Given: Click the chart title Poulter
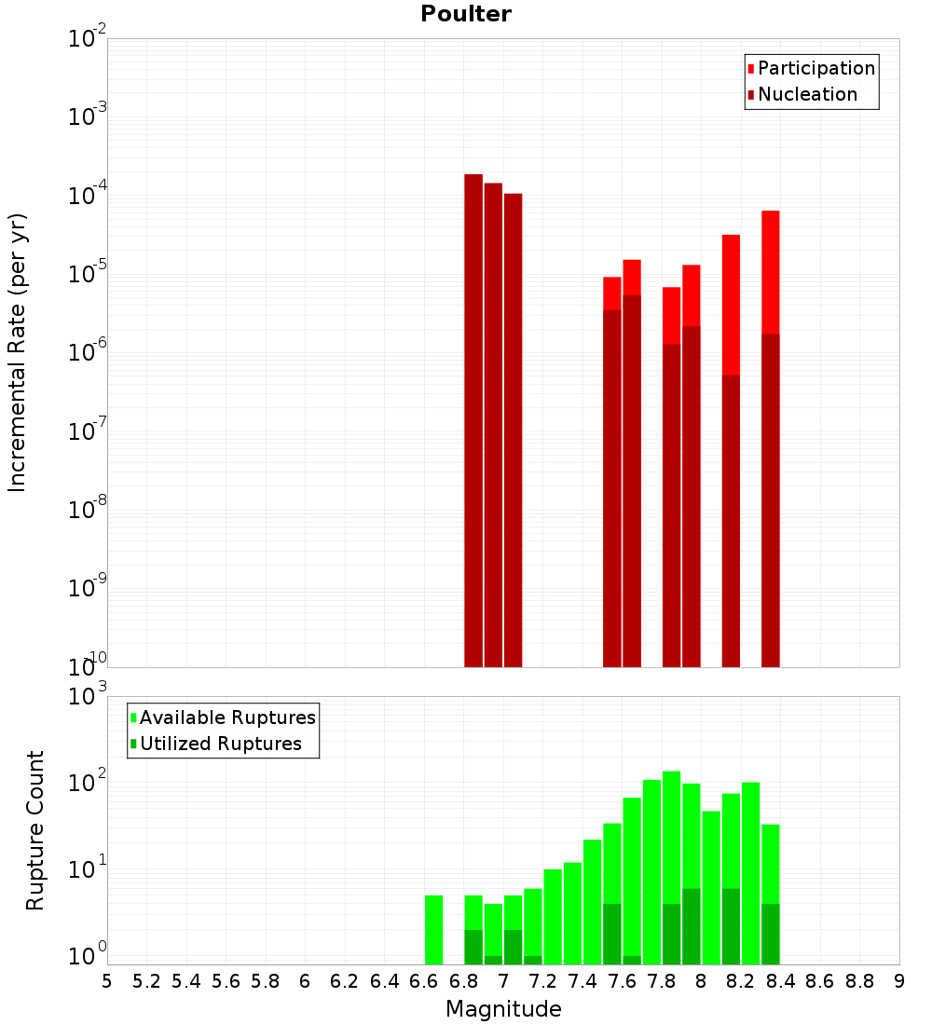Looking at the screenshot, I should (x=466, y=14).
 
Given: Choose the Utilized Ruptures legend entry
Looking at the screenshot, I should (x=220, y=744).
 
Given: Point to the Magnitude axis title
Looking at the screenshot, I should (x=503, y=1009).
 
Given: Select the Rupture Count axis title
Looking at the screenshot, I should (x=35, y=829).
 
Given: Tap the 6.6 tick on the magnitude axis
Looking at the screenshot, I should (x=424, y=981).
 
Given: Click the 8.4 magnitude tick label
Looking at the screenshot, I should (x=781, y=981).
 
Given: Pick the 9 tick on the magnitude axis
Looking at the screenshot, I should (x=899, y=981).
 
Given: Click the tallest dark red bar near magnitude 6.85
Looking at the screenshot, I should (x=473, y=419).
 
